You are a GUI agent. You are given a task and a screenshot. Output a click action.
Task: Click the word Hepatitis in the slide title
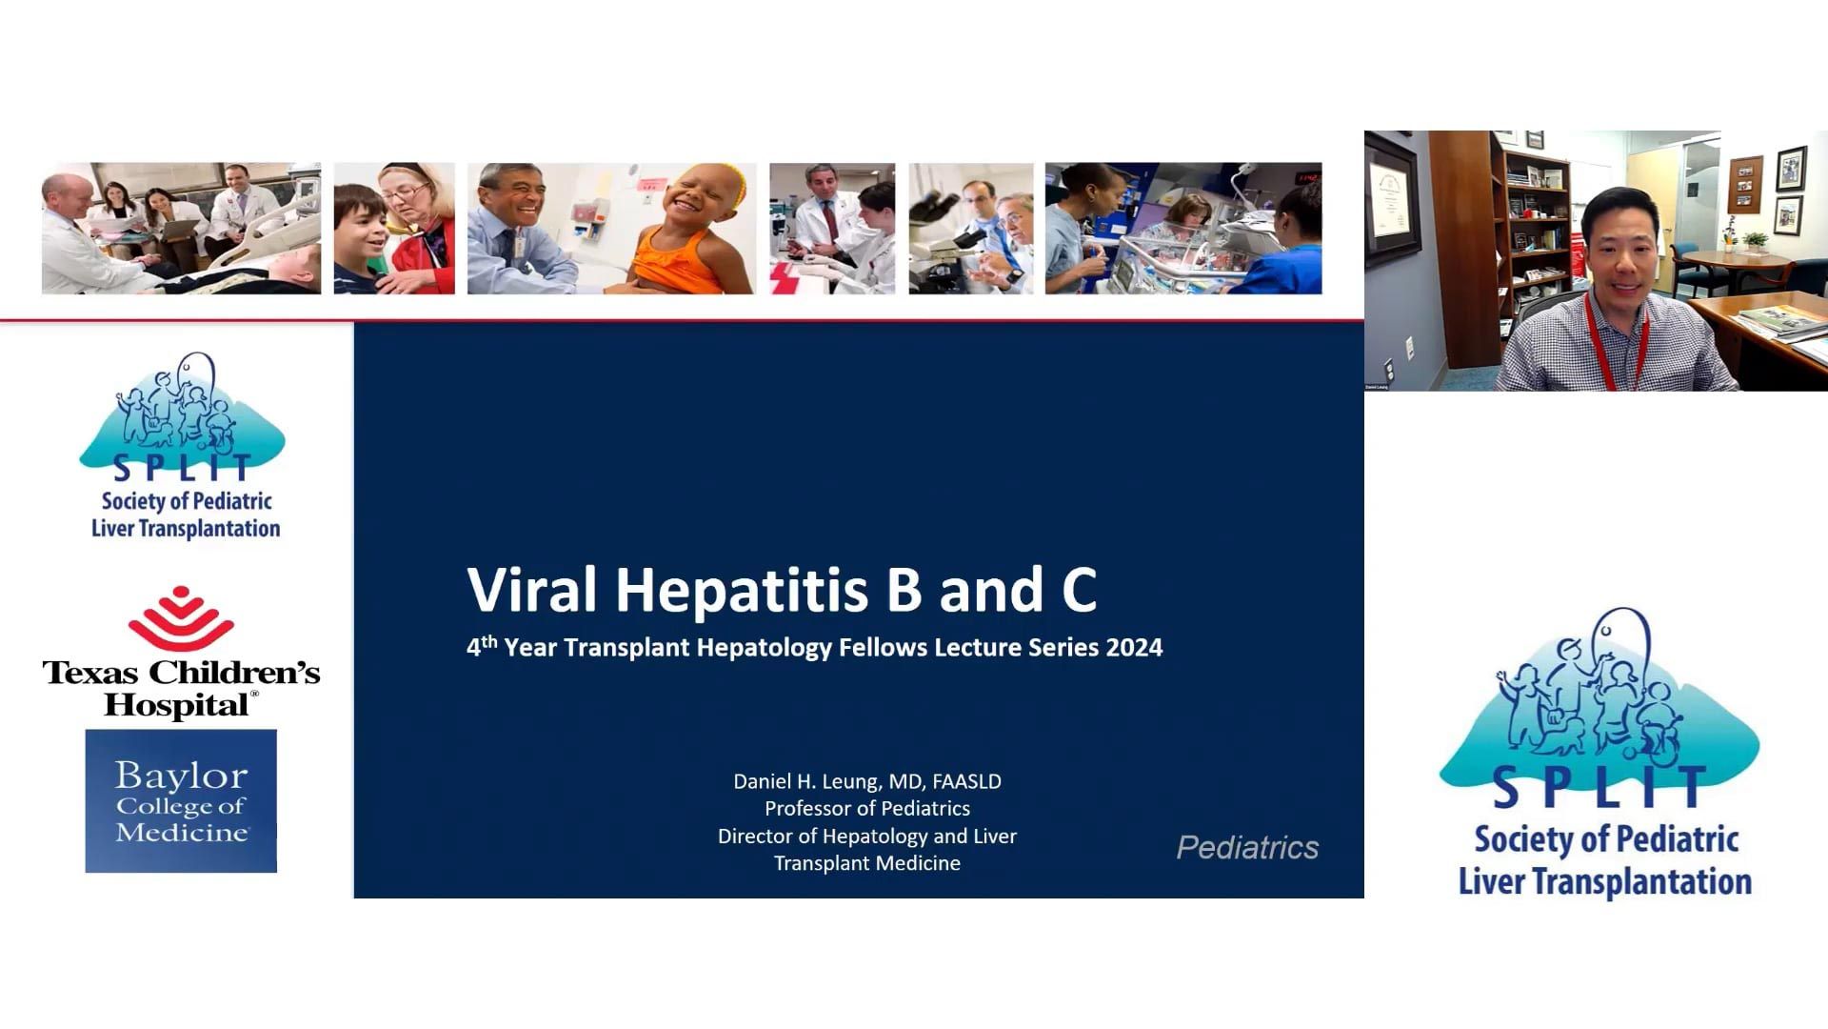tap(741, 590)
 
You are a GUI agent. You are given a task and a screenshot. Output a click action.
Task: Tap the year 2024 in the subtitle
tap(1134, 648)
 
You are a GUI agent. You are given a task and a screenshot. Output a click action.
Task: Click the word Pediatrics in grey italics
tap(1247, 847)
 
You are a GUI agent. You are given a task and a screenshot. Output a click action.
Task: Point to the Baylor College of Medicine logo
tap(181, 801)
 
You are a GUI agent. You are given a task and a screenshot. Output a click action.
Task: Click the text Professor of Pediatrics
tap(867, 808)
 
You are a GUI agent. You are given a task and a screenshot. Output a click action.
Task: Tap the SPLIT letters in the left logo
tap(181, 468)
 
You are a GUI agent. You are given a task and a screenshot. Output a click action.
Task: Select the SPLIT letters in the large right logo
tap(1599, 788)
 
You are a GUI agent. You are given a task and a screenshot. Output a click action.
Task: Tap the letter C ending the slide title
tap(1080, 590)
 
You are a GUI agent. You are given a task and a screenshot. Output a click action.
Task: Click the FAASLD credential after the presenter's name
tap(966, 781)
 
